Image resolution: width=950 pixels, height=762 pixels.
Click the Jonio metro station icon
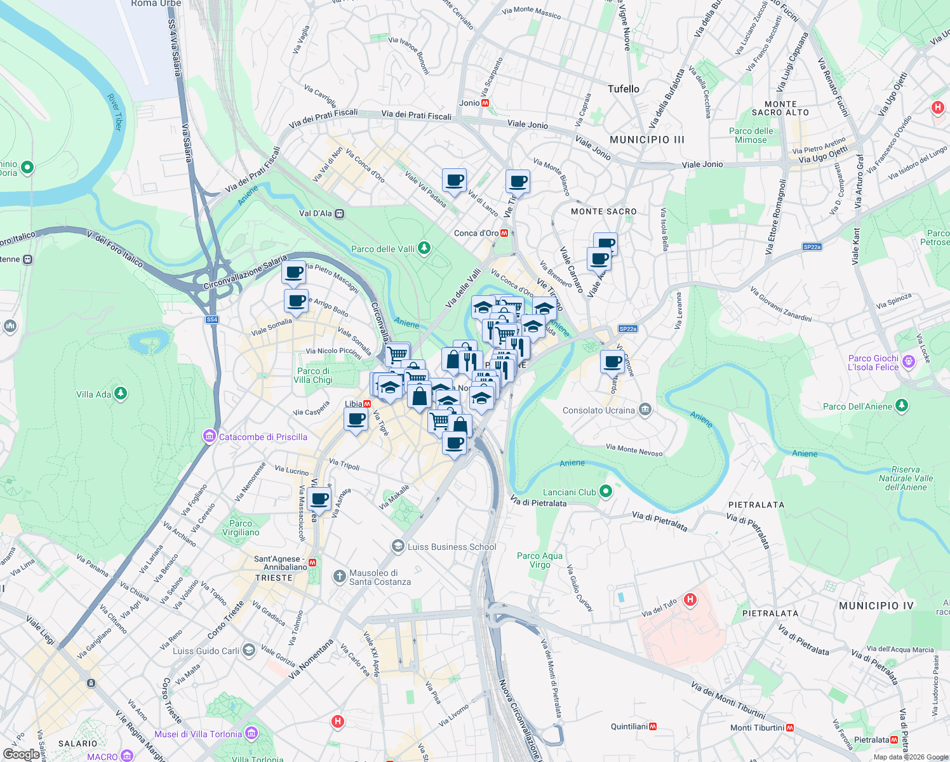tap(486, 103)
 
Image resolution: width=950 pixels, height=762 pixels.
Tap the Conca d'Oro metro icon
tap(504, 233)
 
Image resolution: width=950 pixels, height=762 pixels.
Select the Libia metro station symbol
tap(367, 404)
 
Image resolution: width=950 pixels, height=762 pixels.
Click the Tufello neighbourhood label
tap(623, 89)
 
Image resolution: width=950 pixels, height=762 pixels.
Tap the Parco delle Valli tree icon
tap(424, 248)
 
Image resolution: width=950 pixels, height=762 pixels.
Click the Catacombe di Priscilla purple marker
tap(210, 436)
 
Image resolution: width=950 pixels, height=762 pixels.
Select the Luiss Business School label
tap(452, 547)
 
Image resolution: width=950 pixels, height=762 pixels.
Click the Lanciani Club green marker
tap(606, 491)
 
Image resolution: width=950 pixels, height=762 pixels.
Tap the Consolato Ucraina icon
tap(645, 410)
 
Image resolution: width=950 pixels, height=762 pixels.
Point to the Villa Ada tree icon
tap(121, 394)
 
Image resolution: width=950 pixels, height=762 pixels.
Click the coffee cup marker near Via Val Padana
tap(454, 181)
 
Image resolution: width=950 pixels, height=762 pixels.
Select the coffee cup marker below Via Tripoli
tap(319, 500)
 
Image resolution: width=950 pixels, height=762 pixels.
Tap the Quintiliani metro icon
tap(653, 726)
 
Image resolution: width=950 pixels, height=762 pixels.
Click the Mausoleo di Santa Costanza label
tap(380, 577)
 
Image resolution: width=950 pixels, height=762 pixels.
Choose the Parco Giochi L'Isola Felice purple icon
tap(909, 362)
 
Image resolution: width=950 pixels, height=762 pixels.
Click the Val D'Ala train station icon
tap(340, 214)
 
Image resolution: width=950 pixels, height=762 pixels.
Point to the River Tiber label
tap(114, 112)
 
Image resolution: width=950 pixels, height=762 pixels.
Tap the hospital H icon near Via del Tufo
tap(690, 599)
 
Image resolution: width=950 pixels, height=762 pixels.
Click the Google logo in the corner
tap(21, 754)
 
